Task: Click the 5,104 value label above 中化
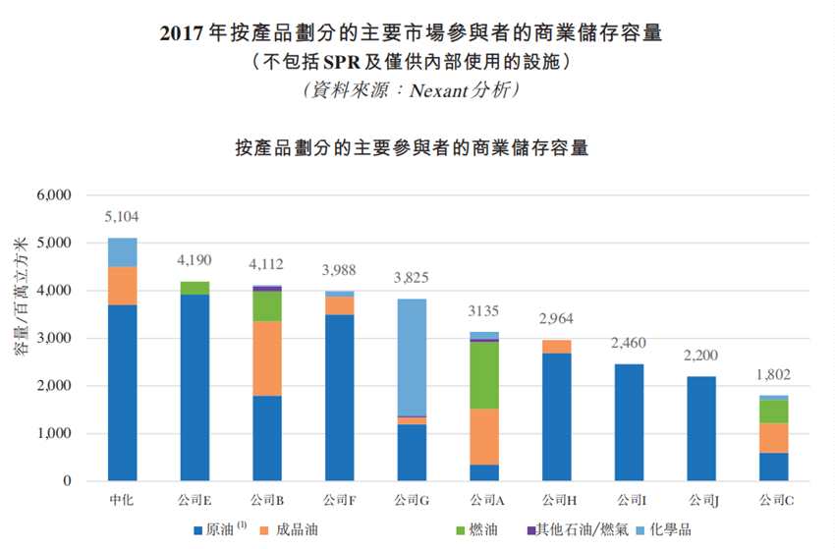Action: pos(123,216)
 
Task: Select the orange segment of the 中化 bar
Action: pos(123,286)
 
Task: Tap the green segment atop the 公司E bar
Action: pos(195,288)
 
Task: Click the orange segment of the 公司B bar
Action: pos(266,358)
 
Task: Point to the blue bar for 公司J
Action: pos(700,428)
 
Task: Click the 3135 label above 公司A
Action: pos(483,311)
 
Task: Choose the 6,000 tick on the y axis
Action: pos(54,195)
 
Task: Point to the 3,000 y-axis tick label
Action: pos(54,339)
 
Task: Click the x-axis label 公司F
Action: pos(339,500)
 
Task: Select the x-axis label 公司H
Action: pos(555,500)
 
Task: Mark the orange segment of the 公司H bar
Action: pos(555,347)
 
